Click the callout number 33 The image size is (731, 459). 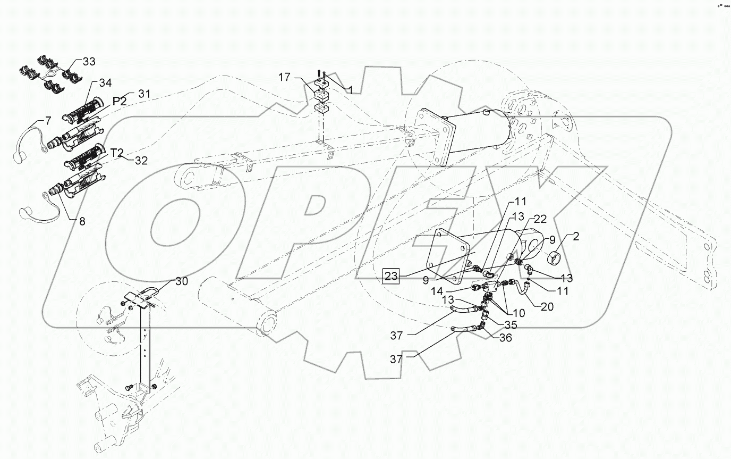tap(88, 62)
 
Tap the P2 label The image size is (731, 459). tap(120, 101)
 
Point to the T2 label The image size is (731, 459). tap(117, 153)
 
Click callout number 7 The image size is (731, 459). tap(48, 121)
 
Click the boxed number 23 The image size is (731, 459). tap(391, 276)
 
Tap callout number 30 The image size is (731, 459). tap(181, 282)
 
